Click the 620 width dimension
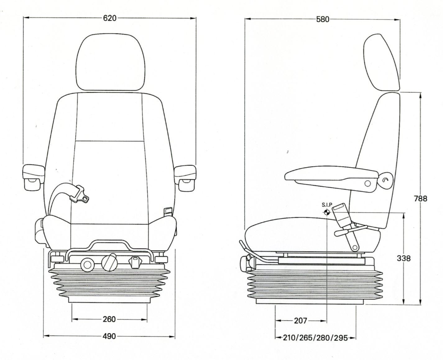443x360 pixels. tap(110, 18)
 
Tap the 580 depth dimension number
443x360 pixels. tap(323, 19)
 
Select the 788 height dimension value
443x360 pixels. tap(420, 198)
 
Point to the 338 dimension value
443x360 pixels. tap(404, 258)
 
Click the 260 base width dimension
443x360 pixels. tap(109, 319)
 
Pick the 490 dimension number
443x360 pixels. tap(109, 336)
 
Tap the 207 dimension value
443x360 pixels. tap(300, 321)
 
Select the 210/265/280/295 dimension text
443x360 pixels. tap(315, 338)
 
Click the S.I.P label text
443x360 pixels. tap(327, 205)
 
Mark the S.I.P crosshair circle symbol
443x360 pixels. tap(327, 212)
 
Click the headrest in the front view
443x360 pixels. tap(110, 62)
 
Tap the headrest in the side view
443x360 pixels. tap(382, 62)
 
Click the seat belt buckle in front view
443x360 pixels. tap(80, 195)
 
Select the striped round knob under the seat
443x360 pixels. tap(109, 262)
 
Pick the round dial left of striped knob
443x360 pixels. tap(87, 265)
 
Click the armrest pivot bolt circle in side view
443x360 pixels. tap(368, 184)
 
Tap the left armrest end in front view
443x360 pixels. tap(33, 178)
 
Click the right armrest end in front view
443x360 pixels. tap(185, 178)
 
